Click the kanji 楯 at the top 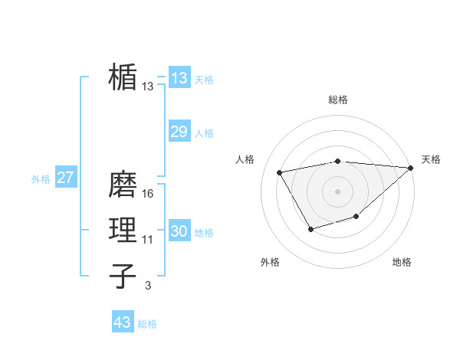(123, 77)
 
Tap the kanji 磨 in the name (123, 184)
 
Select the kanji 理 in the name (123, 231)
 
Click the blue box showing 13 (179, 77)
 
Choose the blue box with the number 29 (179, 132)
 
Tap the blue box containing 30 (179, 231)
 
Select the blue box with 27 (65, 178)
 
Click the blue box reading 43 (123, 322)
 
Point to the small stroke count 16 (148, 194)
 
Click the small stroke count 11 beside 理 (148, 240)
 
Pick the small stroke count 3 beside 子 (148, 286)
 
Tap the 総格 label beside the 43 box (147, 324)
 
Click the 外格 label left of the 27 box (41, 179)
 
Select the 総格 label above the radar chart (337, 100)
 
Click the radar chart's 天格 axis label (431, 159)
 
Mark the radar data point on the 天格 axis (409, 169)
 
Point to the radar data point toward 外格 (310, 228)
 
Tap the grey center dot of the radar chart (337, 191)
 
